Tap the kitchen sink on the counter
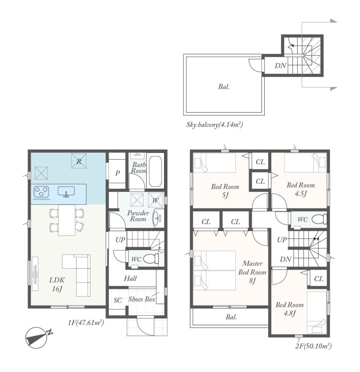tap(66, 191)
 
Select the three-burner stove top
tap(42, 192)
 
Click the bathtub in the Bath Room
tap(155, 171)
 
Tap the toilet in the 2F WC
tap(319, 219)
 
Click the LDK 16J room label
tap(57, 284)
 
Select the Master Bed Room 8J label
tap(252, 272)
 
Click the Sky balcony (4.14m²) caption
tap(215, 124)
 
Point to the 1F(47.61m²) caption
tap(86, 323)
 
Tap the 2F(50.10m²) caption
tap(313, 346)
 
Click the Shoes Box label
tap(142, 299)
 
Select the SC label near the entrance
tap(118, 300)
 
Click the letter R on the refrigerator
tap(79, 161)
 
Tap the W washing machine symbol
tap(155, 200)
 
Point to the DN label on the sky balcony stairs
tap(280, 65)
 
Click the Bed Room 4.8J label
tap(289, 309)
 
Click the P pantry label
tap(117, 173)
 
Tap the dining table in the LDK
tap(67, 220)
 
